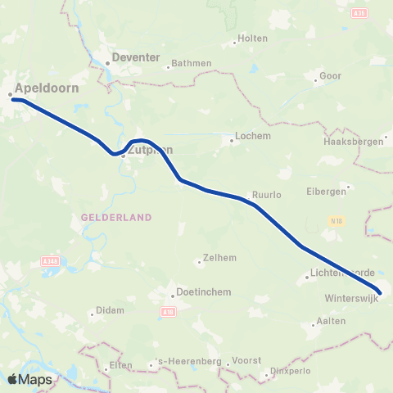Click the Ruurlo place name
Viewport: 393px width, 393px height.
coord(267,196)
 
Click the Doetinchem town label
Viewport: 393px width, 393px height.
coord(201,292)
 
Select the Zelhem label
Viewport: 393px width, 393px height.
coord(221,257)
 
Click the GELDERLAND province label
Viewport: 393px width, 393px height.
coord(116,217)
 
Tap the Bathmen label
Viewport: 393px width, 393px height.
coord(190,63)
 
